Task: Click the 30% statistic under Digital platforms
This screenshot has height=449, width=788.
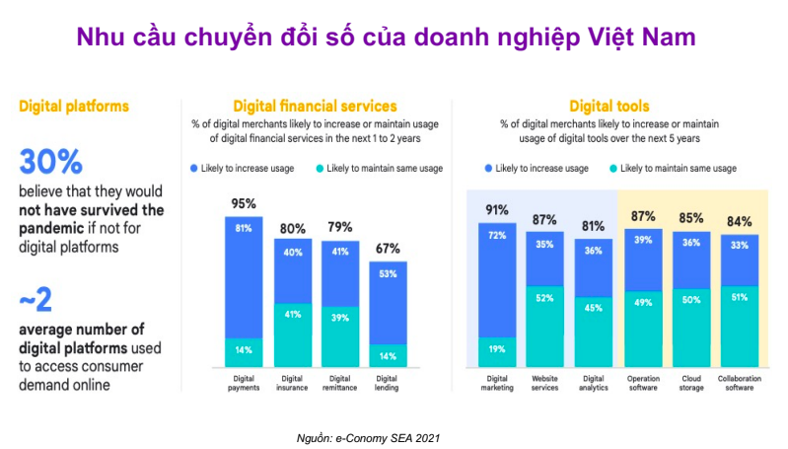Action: pos(50,161)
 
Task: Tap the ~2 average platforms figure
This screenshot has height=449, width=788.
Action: pos(36,300)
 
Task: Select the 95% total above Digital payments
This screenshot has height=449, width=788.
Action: pos(243,204)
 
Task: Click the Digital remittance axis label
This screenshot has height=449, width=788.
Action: pos(340,382)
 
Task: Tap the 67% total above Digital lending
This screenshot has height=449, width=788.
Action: pos(389,249)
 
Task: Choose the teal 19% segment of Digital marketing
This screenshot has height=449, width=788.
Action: pos(497,350)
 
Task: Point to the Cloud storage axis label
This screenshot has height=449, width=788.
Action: pos(690,382)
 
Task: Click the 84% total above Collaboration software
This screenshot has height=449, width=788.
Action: pos(740,222)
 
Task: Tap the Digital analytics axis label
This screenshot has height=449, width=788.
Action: pos(594,382)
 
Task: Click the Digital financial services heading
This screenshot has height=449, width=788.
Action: pos(315,106)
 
